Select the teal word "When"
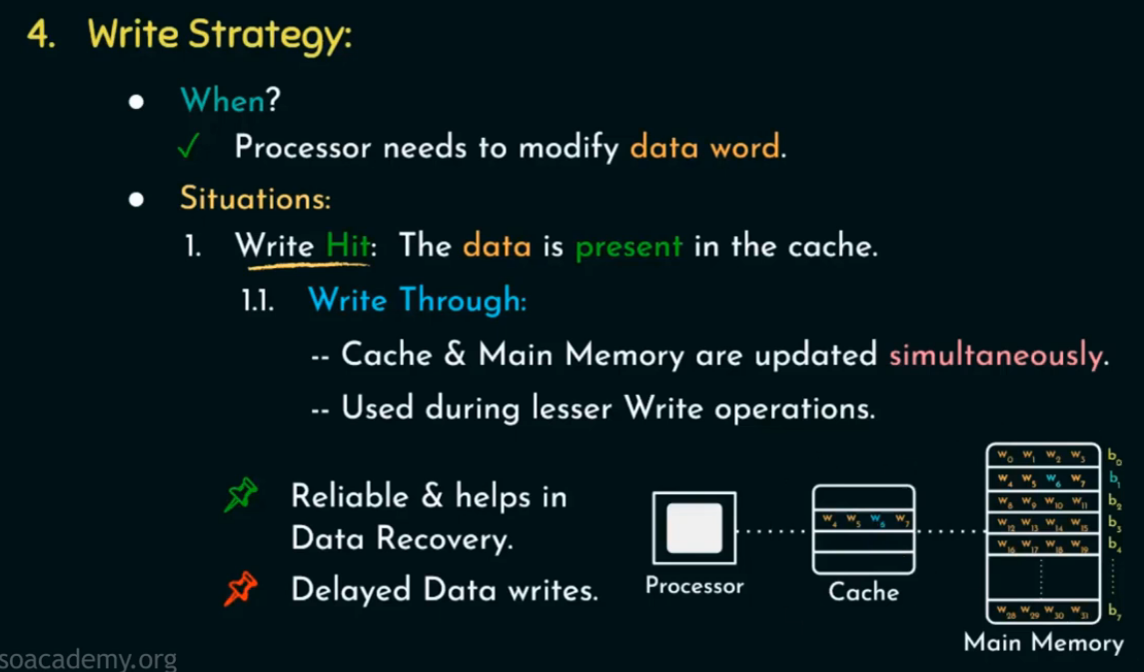[x=222, y=99]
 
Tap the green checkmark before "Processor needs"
[x=187, y=148]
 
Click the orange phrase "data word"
[x=704, y=148]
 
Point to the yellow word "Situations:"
[x=255, y=198]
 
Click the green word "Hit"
[x=347, y=246]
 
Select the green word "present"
[x=628, y=246]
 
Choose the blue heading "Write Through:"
[x=417, y=300]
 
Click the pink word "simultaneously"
[x=995, y=355]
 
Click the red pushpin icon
[x=241, y=590]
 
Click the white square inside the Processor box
[x=693, y=527]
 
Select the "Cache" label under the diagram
[x=863, y=592]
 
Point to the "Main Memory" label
[x=1043, y=642]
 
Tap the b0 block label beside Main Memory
[x=1113, y=456]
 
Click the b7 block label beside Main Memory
[x=1113, y=611]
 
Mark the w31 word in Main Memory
[x=1079, y=611]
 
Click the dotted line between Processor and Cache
[x=774, y=530]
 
